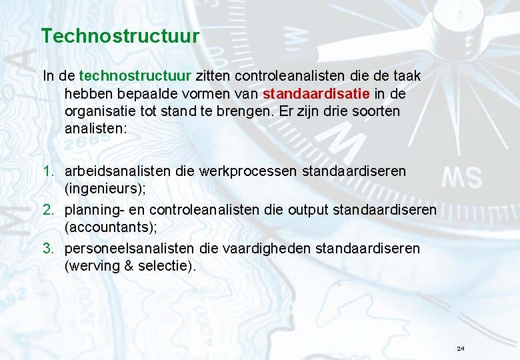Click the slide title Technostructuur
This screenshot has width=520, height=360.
pos(120,35)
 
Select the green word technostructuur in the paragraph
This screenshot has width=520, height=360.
pos(135,77)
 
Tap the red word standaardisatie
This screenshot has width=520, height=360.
pos(309,94)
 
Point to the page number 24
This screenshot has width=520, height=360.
pos(461,349)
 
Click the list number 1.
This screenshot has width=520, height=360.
pos(47,171)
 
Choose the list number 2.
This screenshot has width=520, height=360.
pos(47,210)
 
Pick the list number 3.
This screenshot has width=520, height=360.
pos(47,249)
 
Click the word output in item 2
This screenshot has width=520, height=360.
pos(309,210)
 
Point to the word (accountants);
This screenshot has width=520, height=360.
pos(111,227)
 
